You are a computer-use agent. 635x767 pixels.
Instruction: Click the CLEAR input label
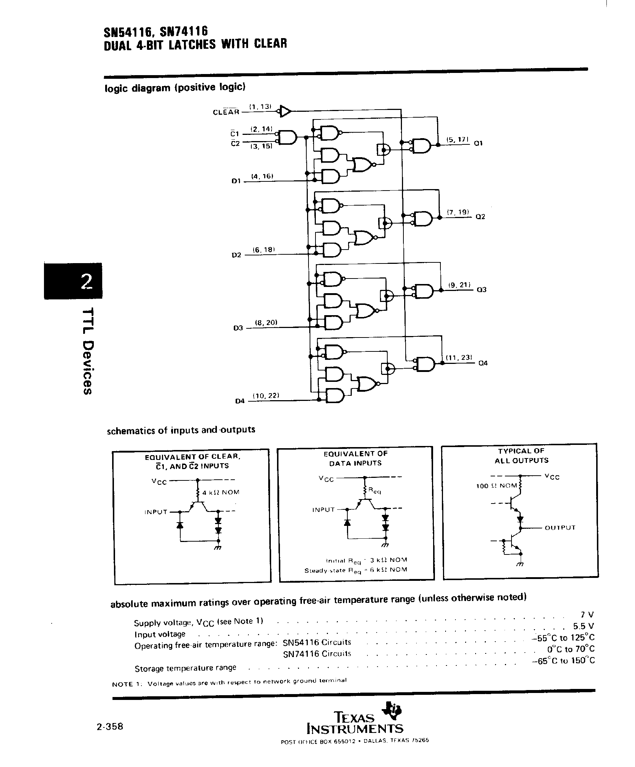click(x=226, y=112)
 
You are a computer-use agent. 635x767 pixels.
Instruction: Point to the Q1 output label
click(x=479, y=143)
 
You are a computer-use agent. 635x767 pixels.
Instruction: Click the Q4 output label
click(x=483, y=364)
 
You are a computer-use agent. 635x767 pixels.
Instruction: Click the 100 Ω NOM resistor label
click(x=496, y=486)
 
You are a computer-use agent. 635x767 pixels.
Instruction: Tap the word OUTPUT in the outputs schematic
click(x=560, y=528)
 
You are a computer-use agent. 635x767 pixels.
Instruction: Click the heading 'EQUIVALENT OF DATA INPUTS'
click(x=355, y=458)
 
